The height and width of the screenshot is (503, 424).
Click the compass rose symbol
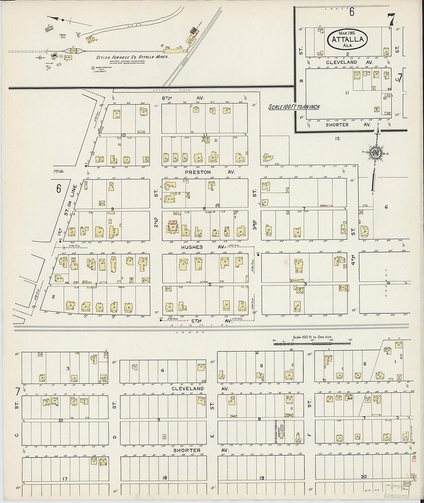375,153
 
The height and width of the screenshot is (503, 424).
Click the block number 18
165,478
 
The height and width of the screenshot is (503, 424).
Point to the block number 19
262,478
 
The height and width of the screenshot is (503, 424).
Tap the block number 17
64,479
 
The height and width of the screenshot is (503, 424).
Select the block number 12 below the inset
338,138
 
